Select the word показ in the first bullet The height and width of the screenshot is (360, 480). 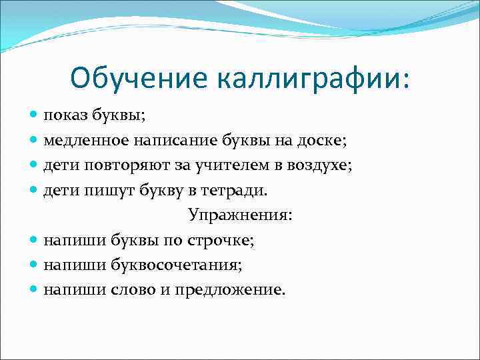(x=65, y=116)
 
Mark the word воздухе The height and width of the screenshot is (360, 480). (x=318, y=165)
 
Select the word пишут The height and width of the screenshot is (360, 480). (x=103, y=191)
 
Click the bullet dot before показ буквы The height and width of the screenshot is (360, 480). (x=34, y=116)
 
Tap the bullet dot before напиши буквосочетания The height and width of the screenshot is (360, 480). (x=34, y=265)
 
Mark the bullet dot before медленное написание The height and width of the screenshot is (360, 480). (x=34, y=141)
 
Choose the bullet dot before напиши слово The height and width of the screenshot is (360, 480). (x=34, y=290)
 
